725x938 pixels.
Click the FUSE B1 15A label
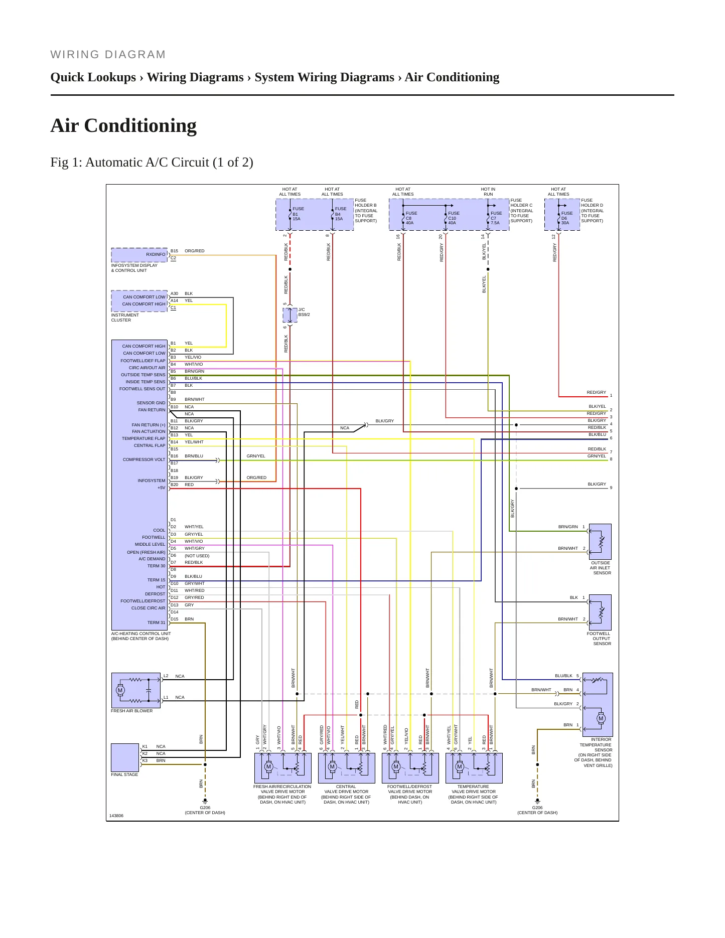298,214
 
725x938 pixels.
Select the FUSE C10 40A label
454,218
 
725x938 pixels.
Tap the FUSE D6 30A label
566,218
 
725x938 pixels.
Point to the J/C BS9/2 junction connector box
290,315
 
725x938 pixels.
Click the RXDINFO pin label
156,254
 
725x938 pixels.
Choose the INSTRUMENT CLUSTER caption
125,318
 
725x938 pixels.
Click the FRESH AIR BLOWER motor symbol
120,690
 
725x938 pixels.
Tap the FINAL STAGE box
125,757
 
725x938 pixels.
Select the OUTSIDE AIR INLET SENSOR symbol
600,542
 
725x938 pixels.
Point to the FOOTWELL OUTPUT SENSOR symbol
600,612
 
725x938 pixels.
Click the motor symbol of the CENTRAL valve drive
332,766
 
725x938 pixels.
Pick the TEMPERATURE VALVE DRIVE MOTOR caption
473,794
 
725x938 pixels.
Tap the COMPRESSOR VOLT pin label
144,459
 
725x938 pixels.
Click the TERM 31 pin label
156,622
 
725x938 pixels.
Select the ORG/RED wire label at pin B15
195,251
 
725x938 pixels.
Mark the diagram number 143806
116,816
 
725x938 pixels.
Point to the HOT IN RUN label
488,192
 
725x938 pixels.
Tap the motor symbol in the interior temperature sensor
601,718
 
